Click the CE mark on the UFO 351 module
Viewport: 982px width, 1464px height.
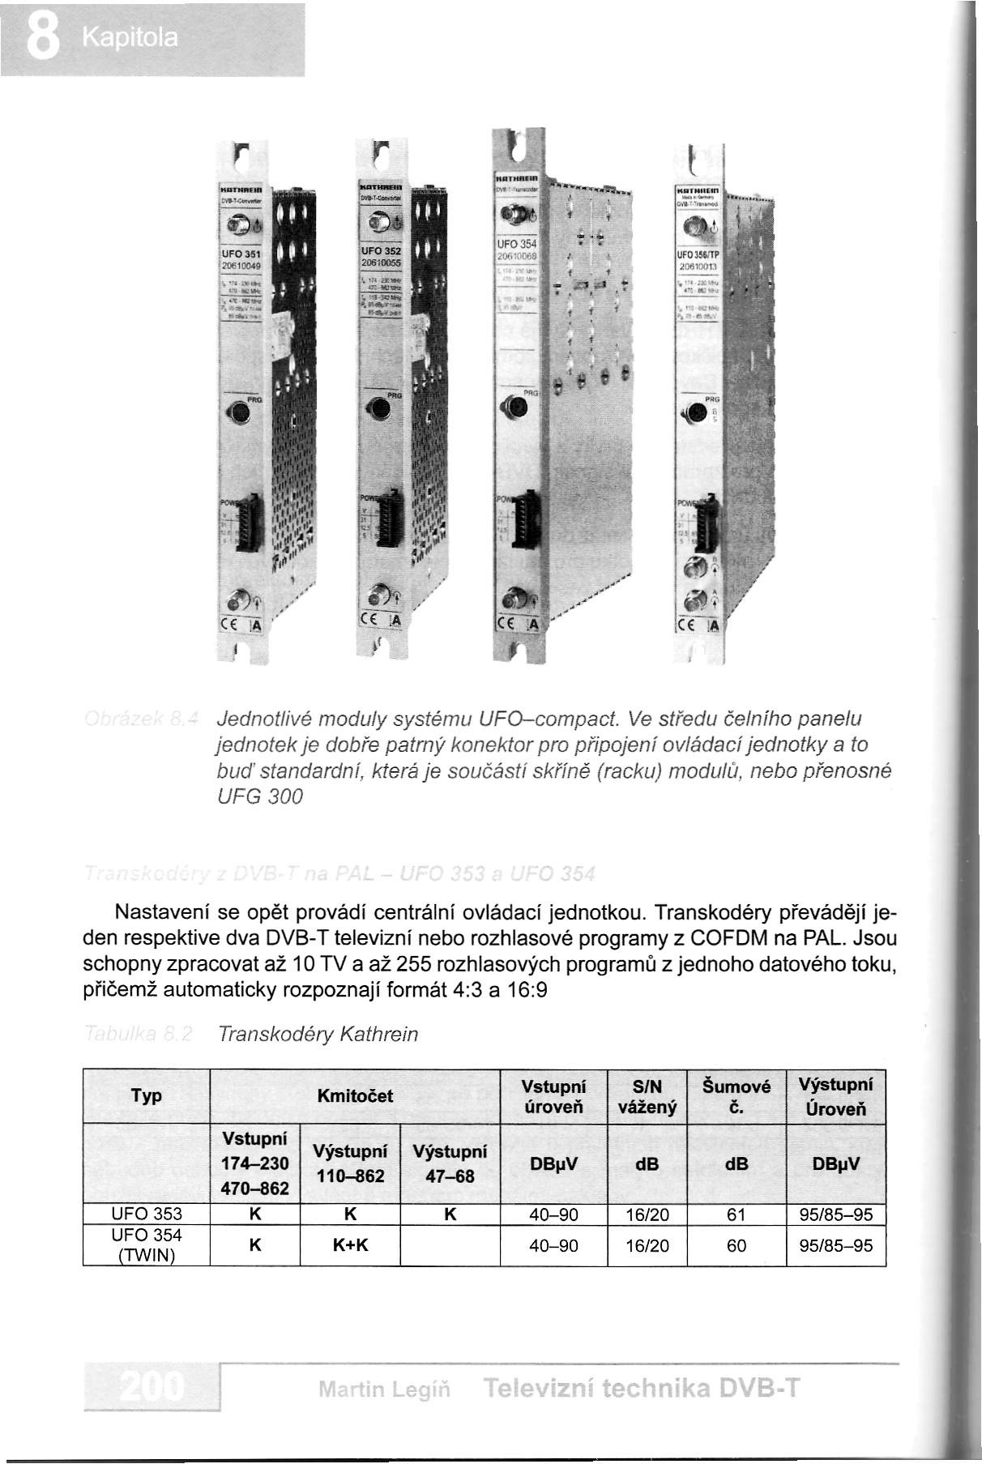point(230,625)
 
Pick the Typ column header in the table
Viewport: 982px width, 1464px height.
point(146,1096)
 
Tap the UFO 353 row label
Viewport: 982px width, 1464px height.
point(146,1214)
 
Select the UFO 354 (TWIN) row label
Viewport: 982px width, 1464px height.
point(146,1244)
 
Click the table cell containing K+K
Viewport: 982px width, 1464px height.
point(350,1244)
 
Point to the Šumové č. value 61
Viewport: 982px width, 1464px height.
point(736,1214)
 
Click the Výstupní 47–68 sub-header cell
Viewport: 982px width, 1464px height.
point(450,1163)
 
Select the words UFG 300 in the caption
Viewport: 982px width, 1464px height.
point(259,797)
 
